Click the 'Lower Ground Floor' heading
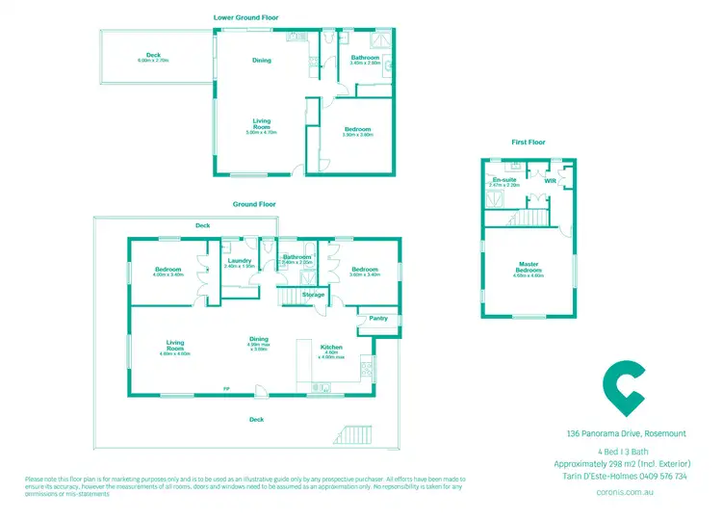pyautogui.click(x=254, y=17)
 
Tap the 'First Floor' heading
pyautogui.click(x=529, y=142)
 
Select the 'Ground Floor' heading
pyautogui.click(x=254, y=204)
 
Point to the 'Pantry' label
pyautogui.click(x=377, y=317)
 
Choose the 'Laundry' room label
pyautogui.click(x=239, y=261)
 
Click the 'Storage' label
pyautogui.click(x=313, y=295)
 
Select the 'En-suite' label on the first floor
pyautogui.click(x=503, y=180)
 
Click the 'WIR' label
pyautogui.click(x=551, y=180)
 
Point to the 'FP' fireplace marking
pyautogui.click(x=226, y=388)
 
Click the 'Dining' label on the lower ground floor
pyautogui.click(x=262, y=61)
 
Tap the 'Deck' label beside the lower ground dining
pyautogui.click(x=153, y=55)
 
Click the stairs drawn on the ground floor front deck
pyautogui.click(x=356, y=435)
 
